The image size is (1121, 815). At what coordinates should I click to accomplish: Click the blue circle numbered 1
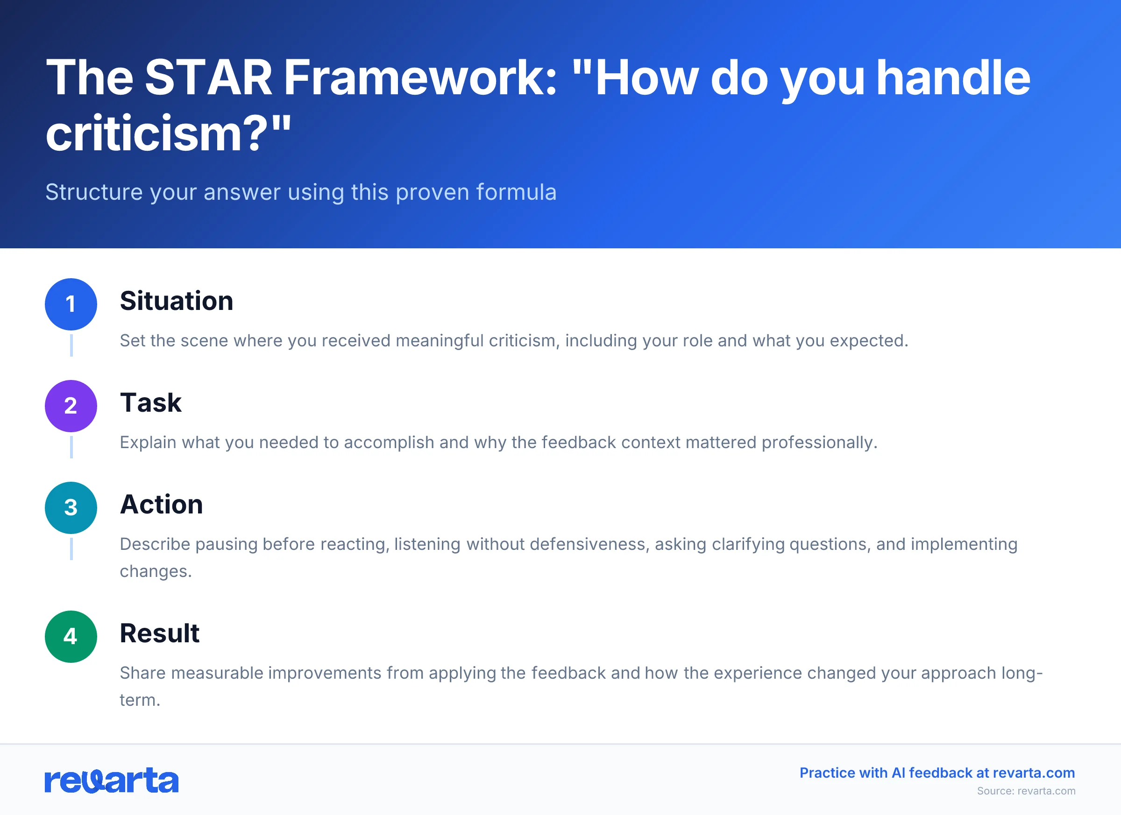pos(71,304)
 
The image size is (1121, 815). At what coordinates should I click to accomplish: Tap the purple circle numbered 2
pos(71,406)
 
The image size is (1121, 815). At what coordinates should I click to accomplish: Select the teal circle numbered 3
pos(71,508)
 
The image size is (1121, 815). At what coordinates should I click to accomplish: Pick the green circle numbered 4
pos(71,637)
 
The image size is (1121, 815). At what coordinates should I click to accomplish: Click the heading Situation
pos(177,301)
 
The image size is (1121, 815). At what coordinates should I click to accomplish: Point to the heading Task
pos(151,402)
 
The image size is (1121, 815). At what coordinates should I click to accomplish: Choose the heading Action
pos(161,504)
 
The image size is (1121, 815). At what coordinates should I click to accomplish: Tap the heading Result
pos(159,633)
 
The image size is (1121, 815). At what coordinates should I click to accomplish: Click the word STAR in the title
pos(209,77)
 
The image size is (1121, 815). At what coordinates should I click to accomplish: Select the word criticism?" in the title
pos(168,133)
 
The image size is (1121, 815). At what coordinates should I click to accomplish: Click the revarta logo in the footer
pos(112,780)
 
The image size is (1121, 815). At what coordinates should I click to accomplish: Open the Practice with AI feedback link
pos(937,773)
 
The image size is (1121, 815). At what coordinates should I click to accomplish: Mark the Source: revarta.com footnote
pos(1026,791)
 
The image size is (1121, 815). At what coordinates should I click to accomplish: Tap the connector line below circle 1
pos(71,345)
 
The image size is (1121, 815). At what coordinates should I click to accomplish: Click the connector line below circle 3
pos(71,549)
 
